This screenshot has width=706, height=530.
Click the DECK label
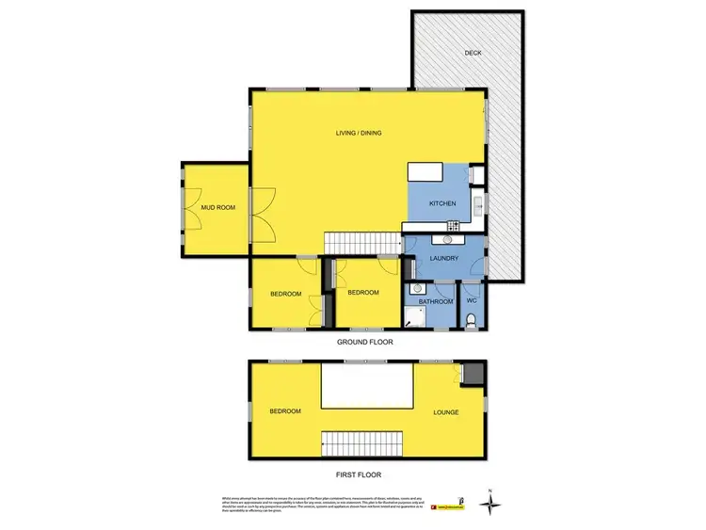coord(473,53)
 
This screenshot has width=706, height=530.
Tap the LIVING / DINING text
coord(359,133)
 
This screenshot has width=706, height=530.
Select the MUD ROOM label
coord(217,207)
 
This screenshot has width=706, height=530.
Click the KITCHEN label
coord(442,204)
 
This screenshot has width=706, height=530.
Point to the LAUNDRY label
coord(443,258)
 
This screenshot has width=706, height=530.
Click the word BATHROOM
coord(436,301)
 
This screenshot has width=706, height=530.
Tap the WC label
coord(473,301)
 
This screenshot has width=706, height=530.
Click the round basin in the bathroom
coord(416,291)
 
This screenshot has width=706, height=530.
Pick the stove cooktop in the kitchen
coord(452,225)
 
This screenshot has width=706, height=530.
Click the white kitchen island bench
coord(425,173)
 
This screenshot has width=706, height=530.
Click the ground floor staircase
coord(361,243)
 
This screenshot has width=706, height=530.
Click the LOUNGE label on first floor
coord(447,412)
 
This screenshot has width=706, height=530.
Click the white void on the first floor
coord(366,386)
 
